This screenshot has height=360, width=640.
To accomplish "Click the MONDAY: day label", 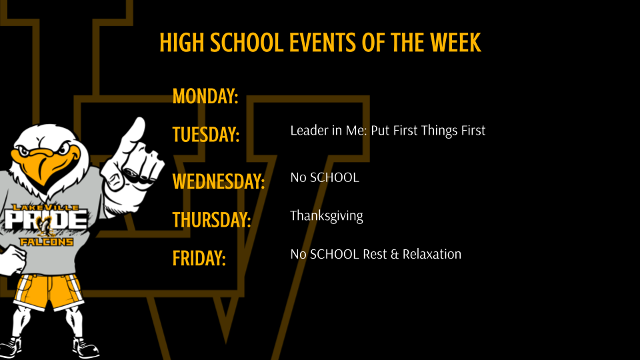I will [205, 97].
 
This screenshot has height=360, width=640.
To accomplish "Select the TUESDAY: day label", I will [206, 134].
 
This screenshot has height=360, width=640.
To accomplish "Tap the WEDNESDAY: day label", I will [219, 181].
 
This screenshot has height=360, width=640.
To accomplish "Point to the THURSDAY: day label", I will [211, 219].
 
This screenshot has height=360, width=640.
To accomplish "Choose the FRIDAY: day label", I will [199, 257].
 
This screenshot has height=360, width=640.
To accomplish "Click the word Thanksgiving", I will [327, 216].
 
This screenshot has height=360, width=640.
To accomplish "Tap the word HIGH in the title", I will [182, 43].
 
